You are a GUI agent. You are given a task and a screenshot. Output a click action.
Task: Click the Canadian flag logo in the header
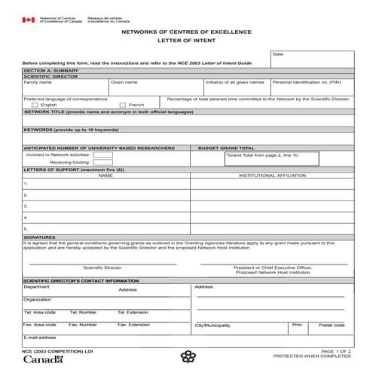click(28, 20)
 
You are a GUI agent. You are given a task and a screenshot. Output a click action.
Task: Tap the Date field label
click(277, 54)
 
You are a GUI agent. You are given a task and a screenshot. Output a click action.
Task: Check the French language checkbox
click(121, 104)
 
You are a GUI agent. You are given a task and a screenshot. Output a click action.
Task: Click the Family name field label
click(37, 81)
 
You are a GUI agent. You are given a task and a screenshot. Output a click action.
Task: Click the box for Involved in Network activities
click(102, 154)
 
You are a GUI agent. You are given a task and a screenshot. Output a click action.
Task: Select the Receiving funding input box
click(102, 162)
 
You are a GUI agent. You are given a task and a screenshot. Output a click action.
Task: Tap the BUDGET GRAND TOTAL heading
click(226, 148)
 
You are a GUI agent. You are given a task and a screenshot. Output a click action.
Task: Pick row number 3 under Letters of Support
click(26, 205)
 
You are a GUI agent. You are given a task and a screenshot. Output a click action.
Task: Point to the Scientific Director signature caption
click(102, 268)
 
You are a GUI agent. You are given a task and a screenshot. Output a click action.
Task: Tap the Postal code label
click(332, 325)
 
